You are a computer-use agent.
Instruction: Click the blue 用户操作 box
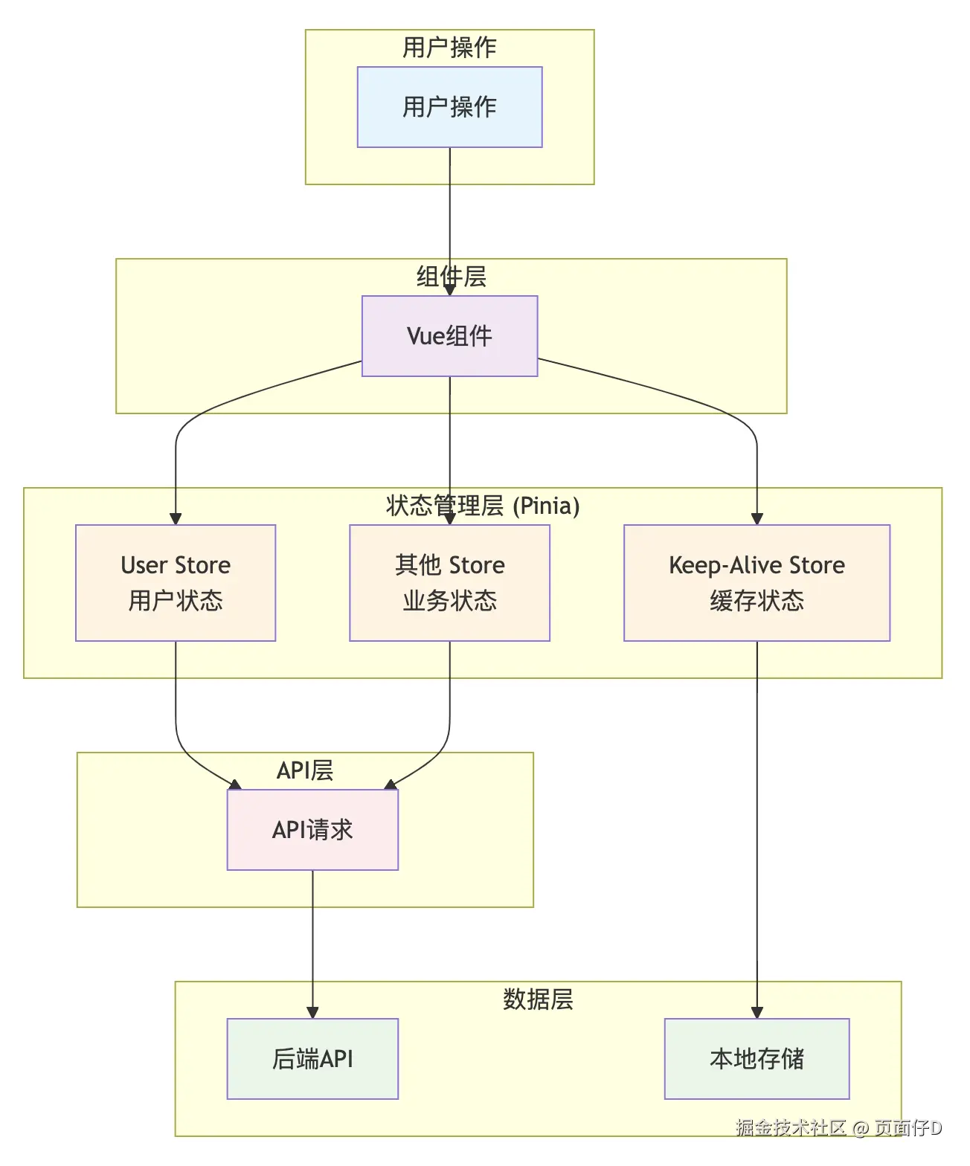pos(449,107)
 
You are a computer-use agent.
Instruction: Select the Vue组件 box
pos(449,336)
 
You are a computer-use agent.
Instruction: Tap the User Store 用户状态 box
pos(176,583)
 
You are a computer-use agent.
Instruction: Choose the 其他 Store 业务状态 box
pos(449,583)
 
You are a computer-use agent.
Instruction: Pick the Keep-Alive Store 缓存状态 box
pos(757,583)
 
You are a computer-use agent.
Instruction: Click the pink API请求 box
pos(312,830)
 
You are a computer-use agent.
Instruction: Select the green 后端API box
pos(312,1059)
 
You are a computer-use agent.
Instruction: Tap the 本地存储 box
pos(757,1059)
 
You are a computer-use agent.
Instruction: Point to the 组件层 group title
pos(451,277)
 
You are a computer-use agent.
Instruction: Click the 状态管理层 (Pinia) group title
pos(483,506)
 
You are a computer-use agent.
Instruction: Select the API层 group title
pos(305,770)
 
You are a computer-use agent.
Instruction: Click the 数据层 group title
pos(538,999)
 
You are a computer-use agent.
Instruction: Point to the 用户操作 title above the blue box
pos(449,48)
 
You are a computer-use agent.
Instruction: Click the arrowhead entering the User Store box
pos(176,519)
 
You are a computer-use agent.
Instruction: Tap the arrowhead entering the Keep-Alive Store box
pos(757,519)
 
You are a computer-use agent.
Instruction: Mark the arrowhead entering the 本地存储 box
pos(757,1013)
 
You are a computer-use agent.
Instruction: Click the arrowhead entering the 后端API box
pos(312,1013)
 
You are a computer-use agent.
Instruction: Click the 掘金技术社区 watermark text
pos(791,1127)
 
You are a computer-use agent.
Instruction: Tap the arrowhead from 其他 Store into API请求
pos(390,785)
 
